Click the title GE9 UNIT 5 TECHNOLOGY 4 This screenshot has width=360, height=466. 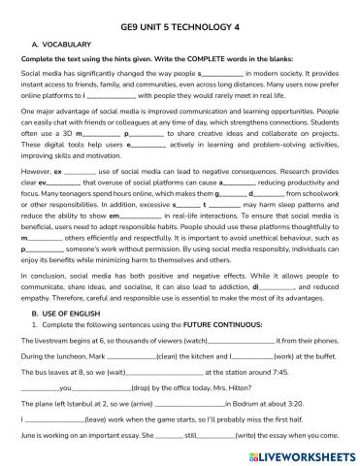point(180,13)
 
